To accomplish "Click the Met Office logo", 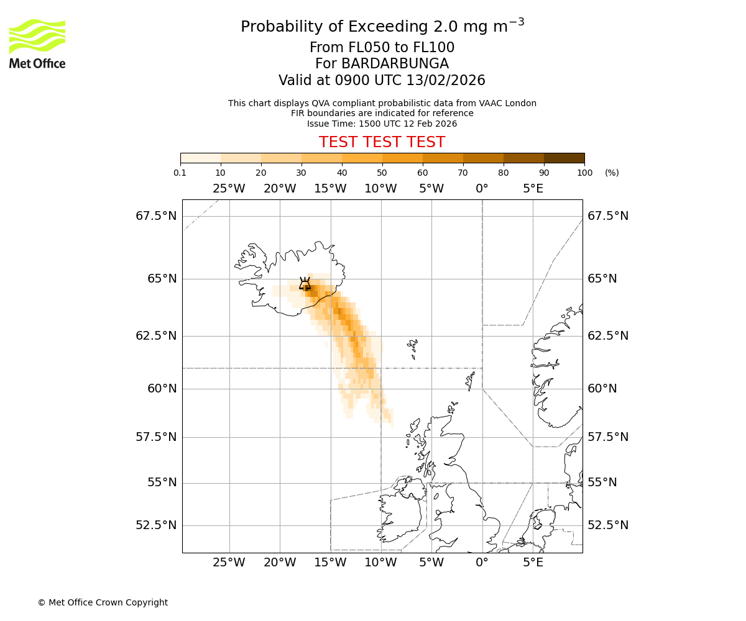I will coord(37,43).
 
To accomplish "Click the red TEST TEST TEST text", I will coord(382,142).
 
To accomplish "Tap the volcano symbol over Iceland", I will coord(305,284).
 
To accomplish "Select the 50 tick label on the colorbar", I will coord(382,173).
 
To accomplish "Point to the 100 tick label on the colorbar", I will coord(584,173).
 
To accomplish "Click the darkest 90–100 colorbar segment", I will coord(564,158).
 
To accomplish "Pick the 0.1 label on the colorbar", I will coord(180,173).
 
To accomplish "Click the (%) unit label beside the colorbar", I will coord(612,173).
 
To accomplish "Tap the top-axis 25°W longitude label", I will coord(229,189).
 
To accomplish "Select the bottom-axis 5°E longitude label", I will coord(533,563).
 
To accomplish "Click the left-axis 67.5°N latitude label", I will coord(156,216).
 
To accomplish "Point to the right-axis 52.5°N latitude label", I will coord(608,525).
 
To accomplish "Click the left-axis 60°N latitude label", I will coord(161,389).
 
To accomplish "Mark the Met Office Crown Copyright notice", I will coord(103,602).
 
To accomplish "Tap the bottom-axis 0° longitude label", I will coord(482,563).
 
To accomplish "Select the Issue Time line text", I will coord(382,124).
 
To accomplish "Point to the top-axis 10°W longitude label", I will coord(380,189).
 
